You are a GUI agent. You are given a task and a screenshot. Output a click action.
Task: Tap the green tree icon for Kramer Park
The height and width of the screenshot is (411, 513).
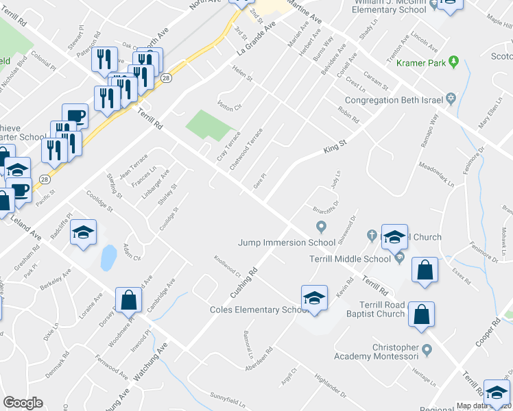tap(453, 63)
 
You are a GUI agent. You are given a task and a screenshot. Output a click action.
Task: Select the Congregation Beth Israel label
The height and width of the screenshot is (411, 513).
tap(402, 100)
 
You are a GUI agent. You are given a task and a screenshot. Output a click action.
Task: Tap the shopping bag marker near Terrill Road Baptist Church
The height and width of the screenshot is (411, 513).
tap(420, 314)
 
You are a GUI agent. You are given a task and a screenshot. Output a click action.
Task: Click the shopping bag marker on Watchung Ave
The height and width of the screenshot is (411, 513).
tap(128, 299)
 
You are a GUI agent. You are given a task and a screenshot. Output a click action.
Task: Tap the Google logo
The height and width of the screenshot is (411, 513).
tap(23, 403)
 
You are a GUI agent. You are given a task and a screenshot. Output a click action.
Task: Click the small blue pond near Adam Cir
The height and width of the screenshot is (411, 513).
tap(108, 257)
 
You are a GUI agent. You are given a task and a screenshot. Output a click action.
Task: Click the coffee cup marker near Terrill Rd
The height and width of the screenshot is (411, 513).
tap(75, 116)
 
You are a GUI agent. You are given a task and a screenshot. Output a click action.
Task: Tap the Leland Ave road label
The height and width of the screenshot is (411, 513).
tap(25, 226)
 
